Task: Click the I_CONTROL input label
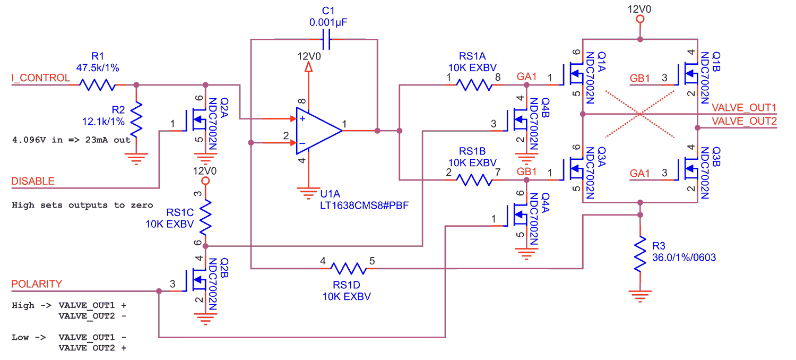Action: [x=40, y=78]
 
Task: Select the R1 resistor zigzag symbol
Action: [x=97, y=85]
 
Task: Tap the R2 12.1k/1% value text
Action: [x=103, y=122]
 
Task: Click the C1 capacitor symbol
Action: [x=326, y=39]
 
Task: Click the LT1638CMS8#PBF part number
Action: [x=364, y=205]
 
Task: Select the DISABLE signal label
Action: [x=33, y=181]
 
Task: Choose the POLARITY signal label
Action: [x=37, y=284]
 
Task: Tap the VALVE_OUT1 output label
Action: [x=744, y=107]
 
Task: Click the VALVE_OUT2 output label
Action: [x=744, y=121]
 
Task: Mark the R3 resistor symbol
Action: [x=640, y=254]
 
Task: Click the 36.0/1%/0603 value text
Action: [x=684, y=258]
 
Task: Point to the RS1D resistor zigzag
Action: [x=349, y=269]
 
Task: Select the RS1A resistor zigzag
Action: [x=474, y=85]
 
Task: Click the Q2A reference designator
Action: [x=224, y=107]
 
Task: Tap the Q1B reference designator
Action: [x=716, y=62]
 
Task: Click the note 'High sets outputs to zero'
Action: [x=82, y=205]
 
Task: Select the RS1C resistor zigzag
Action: [x=205, y=217]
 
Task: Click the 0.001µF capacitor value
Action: [x=328, y=22]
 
